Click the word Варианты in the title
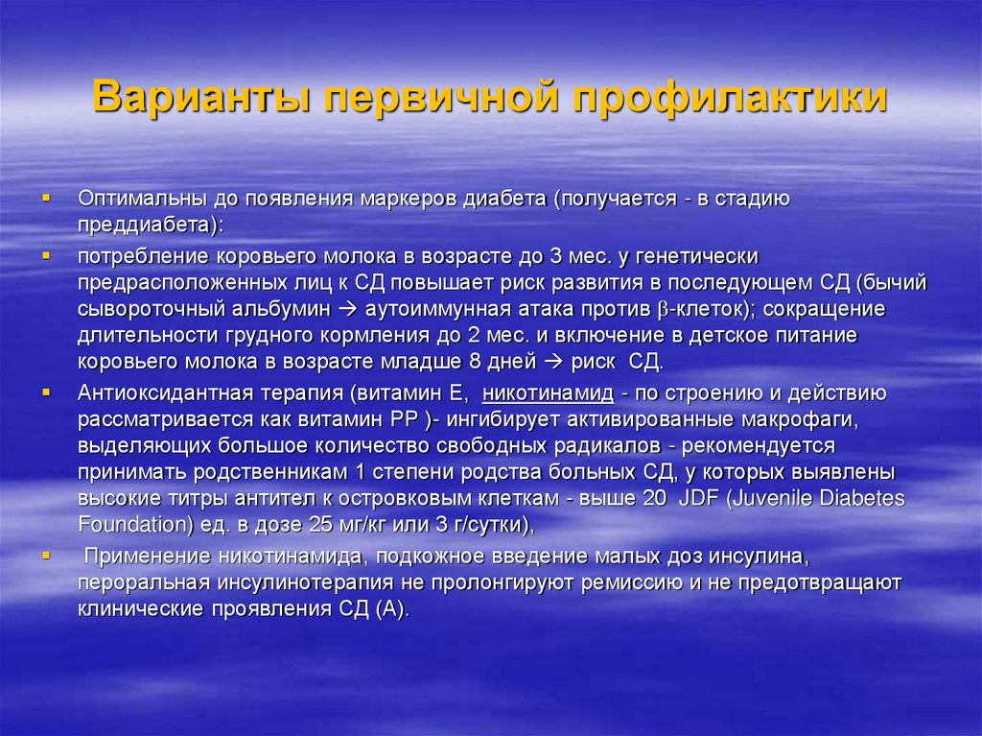(x=198, y=99)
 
